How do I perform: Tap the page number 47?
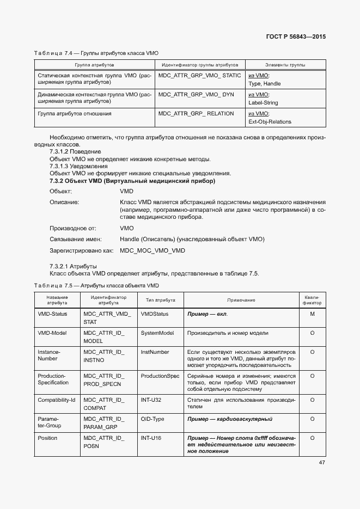click(x=321, y=463)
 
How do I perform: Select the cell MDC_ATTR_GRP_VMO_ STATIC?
click(x=199, y=76)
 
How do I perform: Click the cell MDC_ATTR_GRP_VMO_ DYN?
click(x=196, y=95)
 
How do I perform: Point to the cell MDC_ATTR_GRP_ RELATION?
click(x=196, y=114)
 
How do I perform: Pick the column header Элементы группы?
click(x=285, y=65)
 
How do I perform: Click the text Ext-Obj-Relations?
click(x=270, y=122)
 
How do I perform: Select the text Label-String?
click(x=263, y=103)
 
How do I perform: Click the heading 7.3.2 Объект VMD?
click(x=132, y=181)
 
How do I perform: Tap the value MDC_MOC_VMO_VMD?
click(x=152, y=250)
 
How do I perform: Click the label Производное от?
click(x=72, y=229)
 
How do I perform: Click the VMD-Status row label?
click(x=52, y=314)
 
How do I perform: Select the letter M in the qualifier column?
click(x=312, y=314)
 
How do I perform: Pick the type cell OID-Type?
click(x=154, y=419)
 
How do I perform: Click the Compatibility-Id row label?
click(x=56, y=400)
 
